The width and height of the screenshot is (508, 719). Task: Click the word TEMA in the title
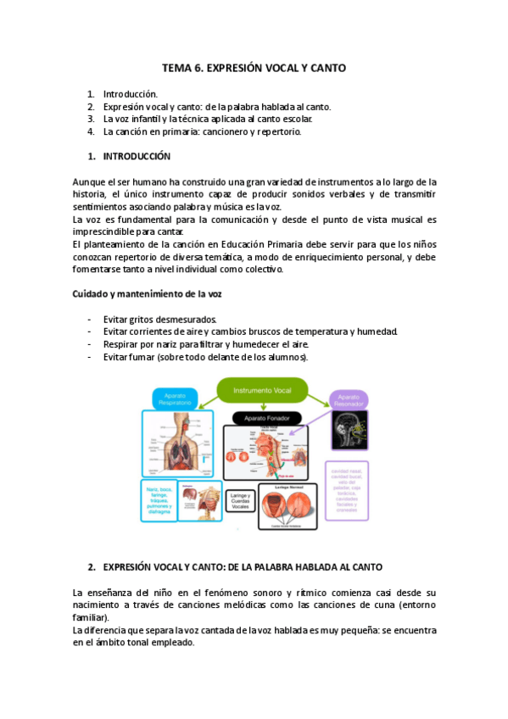pos(177,68)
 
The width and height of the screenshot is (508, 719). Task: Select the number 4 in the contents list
pos(90,131)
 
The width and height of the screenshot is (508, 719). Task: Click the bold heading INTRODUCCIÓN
pos(137,157)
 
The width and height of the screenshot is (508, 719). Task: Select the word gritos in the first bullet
pos(140,319)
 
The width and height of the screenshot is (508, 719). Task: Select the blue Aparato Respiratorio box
pos(176,399)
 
